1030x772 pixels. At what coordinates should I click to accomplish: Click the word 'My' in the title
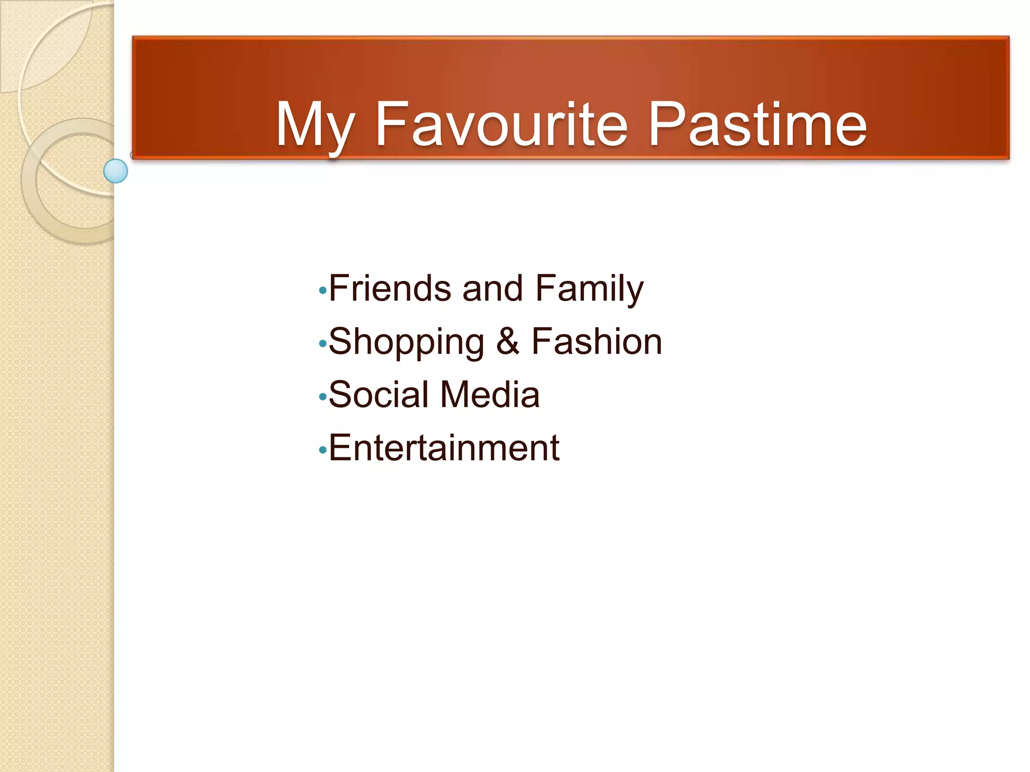314,126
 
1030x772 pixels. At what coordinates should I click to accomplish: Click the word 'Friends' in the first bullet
390,288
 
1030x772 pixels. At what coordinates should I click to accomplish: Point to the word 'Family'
589,289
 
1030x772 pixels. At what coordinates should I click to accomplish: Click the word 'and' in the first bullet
492,288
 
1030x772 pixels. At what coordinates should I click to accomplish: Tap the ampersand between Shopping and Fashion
507,341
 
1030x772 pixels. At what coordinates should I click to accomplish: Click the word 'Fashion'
596,341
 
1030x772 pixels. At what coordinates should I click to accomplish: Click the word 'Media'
490,395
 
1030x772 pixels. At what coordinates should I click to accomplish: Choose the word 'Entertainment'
444,448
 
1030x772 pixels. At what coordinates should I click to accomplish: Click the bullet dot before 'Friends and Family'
322,291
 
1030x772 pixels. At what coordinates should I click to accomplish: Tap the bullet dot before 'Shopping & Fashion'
322,344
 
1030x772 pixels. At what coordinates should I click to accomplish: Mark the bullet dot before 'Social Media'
322,398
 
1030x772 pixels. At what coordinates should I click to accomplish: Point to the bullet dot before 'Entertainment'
322,451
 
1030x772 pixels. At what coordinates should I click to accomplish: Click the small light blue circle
116,171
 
